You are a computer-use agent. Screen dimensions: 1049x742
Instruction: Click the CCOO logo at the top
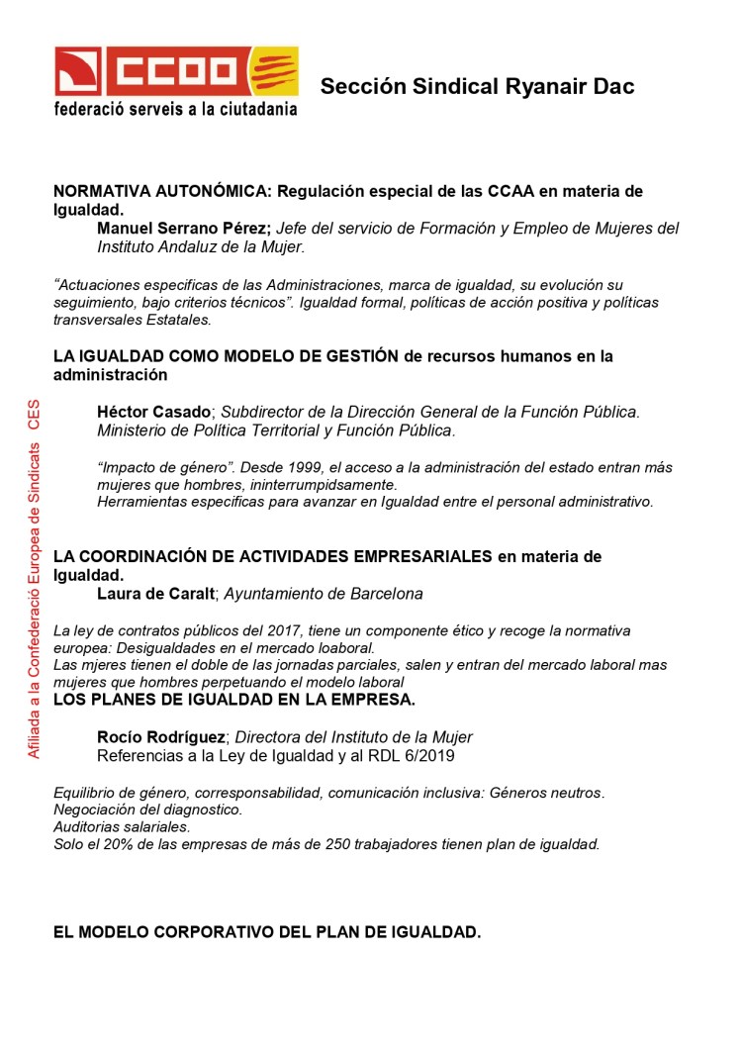pyautogui.click(x=176, y=71)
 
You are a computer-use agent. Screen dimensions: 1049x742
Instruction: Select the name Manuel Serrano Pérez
pyautogui.click(x=183, y=228)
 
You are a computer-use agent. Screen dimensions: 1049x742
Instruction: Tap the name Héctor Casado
pyautogui.click(x=154, y=412)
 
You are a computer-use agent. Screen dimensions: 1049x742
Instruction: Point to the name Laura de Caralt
pyautogui.click(x=156, y=594)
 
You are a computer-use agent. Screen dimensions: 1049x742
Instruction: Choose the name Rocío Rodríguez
pyautogui.click(x=162, y=736)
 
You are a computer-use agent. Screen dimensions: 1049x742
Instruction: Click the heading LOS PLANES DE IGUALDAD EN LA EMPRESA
pyautogui.click(x=234, y=700)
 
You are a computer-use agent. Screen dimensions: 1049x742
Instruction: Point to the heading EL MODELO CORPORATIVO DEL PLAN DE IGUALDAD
pyautogui.click(x=267, y=931)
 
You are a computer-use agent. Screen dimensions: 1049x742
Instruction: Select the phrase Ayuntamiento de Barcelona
pyautogui.click(x=324, y=594)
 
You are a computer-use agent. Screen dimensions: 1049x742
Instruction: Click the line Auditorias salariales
pyautogui.click(x=122, y=826)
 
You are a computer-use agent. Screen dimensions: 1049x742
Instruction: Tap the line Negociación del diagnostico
pyautogui.click(x=147, y=809)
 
